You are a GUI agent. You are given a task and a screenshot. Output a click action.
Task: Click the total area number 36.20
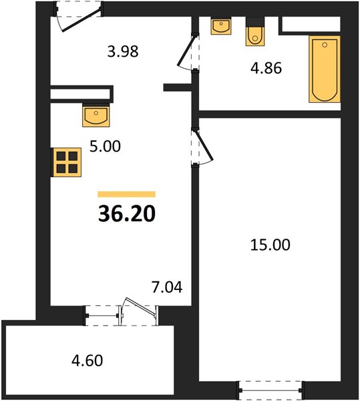(x=127, y=214)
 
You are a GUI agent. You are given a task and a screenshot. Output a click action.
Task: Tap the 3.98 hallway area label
(x=123, y=51)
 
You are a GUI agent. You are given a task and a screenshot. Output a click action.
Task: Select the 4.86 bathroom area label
(x=266, y=68)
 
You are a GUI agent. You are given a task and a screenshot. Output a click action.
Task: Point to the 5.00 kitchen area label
(x=105, y=146)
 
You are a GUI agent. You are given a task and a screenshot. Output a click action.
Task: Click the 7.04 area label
(x=167, y=287)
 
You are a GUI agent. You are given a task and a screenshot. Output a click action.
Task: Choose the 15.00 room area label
(x=270, y=245)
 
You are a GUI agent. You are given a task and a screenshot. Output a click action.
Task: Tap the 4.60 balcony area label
(x=87, y=360)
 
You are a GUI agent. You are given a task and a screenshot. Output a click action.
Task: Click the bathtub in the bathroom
(x=325, y=69)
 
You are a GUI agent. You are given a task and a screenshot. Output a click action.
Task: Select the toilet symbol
(x=255, y=31)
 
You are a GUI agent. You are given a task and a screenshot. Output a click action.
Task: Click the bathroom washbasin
(x=221, y=25)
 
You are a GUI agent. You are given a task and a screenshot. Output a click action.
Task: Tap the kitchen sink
(x=96, y=115)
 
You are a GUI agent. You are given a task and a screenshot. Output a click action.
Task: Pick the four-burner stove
(x=67, y=162)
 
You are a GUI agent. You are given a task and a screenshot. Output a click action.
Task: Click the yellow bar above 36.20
(x=126, y=194)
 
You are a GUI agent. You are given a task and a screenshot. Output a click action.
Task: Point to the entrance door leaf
(x=81, y=20)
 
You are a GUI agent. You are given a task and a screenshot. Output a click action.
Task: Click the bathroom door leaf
(x=187, y=50)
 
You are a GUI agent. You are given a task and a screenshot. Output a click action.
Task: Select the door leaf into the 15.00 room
(x=204, y=146)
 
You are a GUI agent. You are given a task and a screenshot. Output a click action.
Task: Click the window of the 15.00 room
(x=271, y=390)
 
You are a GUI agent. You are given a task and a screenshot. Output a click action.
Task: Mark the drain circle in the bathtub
(x=325, y=45)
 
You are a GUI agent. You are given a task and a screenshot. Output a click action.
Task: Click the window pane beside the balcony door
(x=102, y=315)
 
